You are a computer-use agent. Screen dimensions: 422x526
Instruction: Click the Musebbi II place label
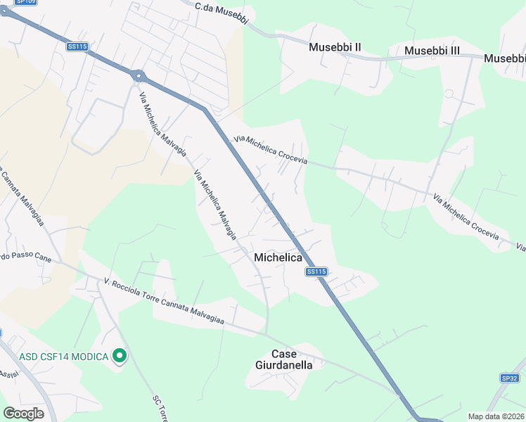pyautogui.click(x=335, y=47)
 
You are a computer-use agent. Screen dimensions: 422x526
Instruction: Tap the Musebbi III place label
pyautogui.click(x=432, y=51)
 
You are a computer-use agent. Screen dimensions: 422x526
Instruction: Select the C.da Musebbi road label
pyautogui.click(x=222, y=13)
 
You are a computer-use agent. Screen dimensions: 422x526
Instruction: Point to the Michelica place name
pyautogui.click(x=278, y=258)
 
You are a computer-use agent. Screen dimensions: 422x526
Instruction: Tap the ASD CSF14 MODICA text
pyautogui.click(x=63, y=357)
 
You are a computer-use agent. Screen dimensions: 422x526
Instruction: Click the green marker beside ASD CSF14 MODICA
pyautogui.click(x=120, y=357)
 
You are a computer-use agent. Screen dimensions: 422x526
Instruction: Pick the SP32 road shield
pyautogui.click(x=510, y=378)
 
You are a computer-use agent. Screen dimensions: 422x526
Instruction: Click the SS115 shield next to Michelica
pyautogui.click(x=316, y=271)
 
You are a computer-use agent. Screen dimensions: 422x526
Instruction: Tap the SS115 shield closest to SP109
pyautogui.click(x=77, y=46)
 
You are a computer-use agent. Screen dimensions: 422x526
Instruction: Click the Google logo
pyautogui.click(x=23, y=414)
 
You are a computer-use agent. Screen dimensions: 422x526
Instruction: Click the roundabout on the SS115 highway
pyautogui.click(x=138, y=75)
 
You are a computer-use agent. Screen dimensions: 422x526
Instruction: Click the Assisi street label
pyautogui.click(x=8, y=373)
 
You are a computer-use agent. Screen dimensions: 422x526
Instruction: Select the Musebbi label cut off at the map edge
pyautogui.click(x=504, y=59)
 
